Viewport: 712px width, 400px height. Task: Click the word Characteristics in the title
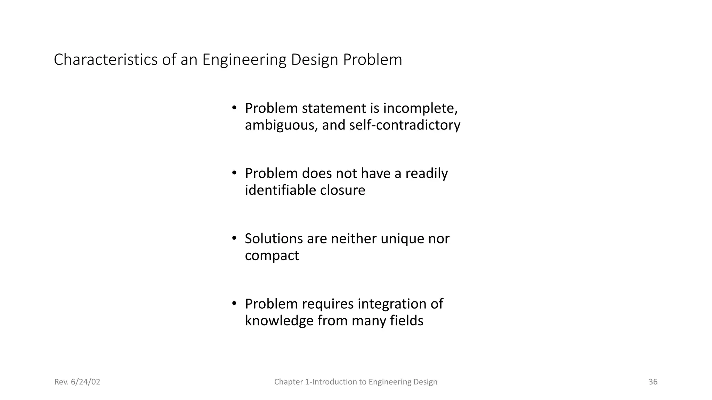(x=106, y=60)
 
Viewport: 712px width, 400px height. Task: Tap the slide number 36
(x=653, y=382)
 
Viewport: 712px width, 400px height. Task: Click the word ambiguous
(x=281, y=125)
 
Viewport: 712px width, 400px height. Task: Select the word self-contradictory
(x=405, y=125)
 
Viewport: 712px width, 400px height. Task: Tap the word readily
(x=427, y=174)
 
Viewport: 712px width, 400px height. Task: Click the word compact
(x=272, y=256)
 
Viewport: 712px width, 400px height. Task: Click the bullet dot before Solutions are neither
(x=234, y=239)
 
